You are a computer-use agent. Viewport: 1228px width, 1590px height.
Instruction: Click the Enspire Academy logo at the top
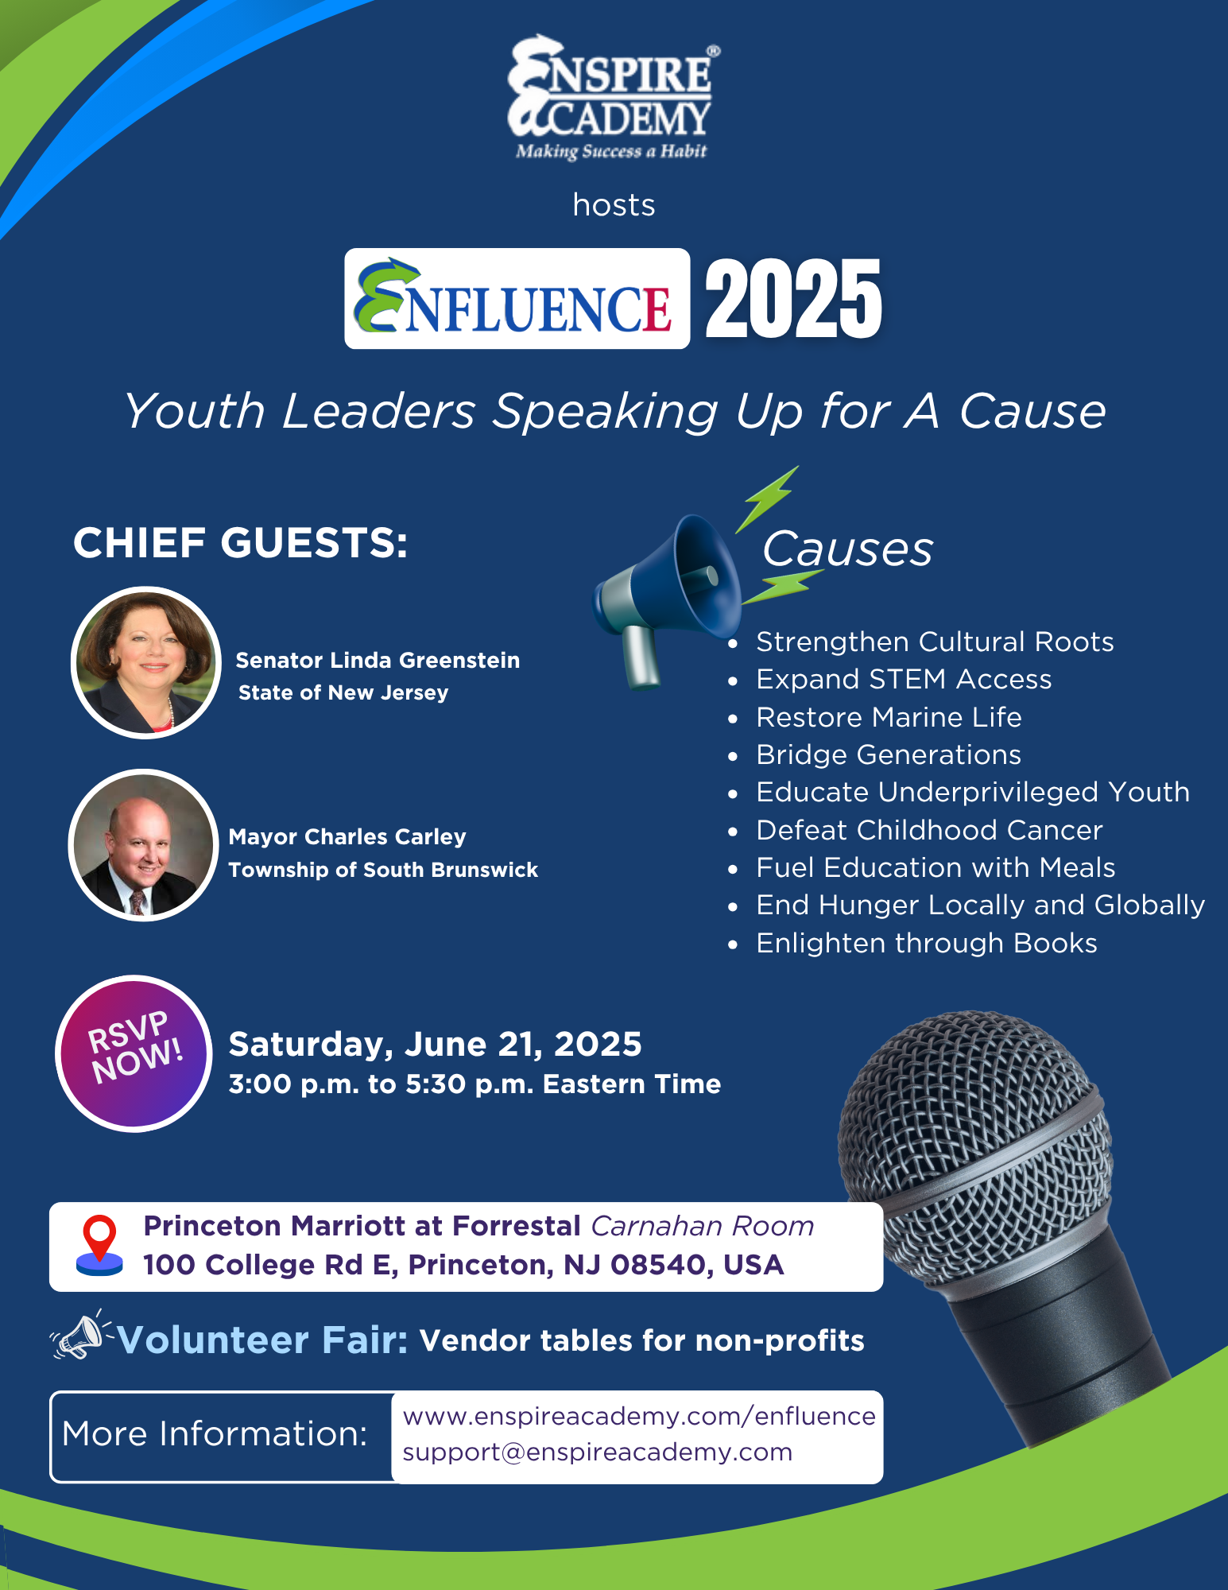click(613, 97)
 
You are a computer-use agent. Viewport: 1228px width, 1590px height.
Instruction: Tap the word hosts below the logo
click(614, 205)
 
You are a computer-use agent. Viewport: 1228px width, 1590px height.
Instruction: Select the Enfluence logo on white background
click(517, 299)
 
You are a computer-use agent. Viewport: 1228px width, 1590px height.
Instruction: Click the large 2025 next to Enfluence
click(793, 299)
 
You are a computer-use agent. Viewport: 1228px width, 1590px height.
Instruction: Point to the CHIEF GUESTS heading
click(240, 543)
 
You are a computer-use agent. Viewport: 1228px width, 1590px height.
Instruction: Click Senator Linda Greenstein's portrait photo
click(146, 662)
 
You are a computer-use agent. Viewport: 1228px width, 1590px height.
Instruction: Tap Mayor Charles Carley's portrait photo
click(144, 845)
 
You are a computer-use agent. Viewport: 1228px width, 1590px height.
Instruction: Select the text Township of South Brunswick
click(383, 870)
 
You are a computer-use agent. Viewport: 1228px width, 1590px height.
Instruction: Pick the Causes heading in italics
click(847, 549)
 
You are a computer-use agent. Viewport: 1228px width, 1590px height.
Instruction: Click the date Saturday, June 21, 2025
click(435, 1045)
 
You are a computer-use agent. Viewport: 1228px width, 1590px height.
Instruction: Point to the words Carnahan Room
click(703, 1226)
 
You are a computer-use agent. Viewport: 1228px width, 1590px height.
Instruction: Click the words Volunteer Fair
click(262, 1340)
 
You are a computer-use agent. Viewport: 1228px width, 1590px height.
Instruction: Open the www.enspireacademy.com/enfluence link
click(639, 1417)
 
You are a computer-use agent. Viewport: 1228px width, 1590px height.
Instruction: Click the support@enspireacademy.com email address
click(598, 1452)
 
